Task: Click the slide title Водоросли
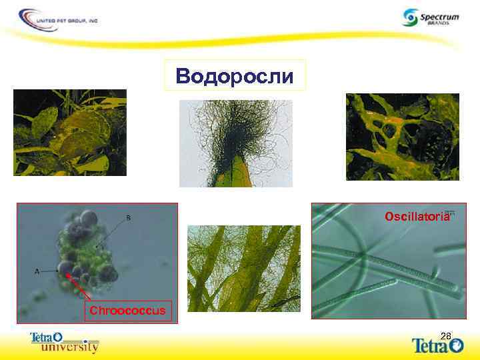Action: click(x=234, y=75)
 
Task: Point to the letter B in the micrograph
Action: click(x=128, y=217)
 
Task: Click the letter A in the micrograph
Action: click(x=37, y=271)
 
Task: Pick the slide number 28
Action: click(x=446, y=335)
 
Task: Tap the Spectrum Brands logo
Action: click(x=431, y=17)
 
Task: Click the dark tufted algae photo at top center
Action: click(x=235, y=143)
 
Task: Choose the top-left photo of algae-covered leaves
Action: click(x=70, y=132)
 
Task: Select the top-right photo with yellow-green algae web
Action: click(x=402, y=136)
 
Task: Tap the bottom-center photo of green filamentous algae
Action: click(x=243, y=269)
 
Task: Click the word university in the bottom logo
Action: click(x=69, y=347)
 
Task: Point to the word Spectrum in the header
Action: click(x=440, y=14)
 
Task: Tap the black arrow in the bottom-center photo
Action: click(x=286, y=301)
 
